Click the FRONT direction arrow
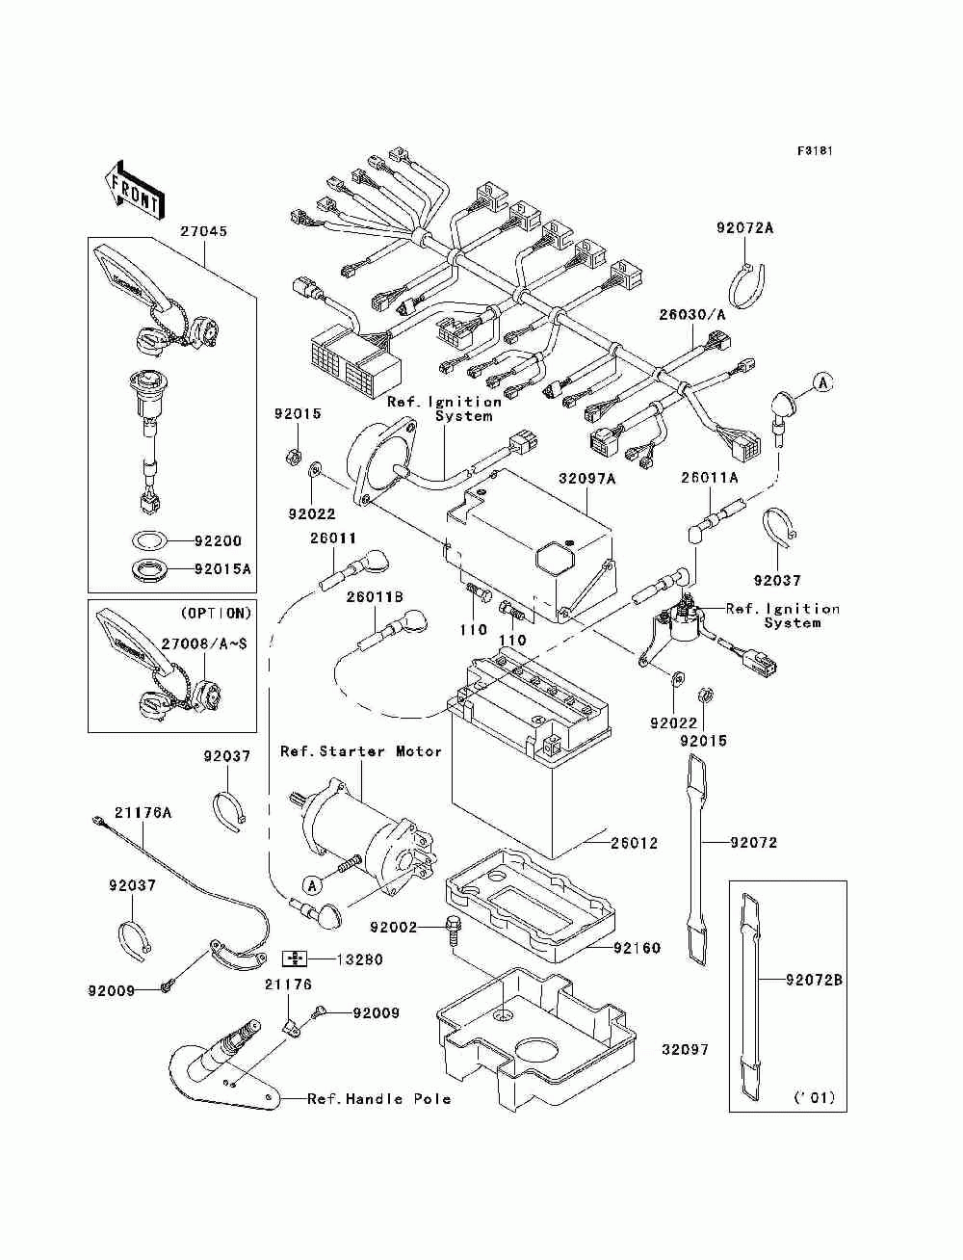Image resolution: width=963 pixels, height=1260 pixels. pyautogui.click(x=135, y=189)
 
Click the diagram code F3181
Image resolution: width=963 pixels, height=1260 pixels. pyautogui.click(x=815, y=151)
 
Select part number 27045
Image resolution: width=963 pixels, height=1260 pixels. pyautogui.click(x=204, y=231)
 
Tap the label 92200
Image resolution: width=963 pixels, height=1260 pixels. pyautogui.click(x=218, y=540)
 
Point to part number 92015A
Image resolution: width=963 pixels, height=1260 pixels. pyautogui.click(x=222, y=569)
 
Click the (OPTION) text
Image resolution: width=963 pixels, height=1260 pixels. pyautogui.click(x=217, y=613)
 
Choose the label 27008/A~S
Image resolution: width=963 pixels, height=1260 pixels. pyautogui.click(x=204, y=643)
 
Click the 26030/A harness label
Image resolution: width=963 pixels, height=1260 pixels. pyautogui.click(x=691, y=314)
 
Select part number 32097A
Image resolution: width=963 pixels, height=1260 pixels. pyautogui.click(x=587, y=478)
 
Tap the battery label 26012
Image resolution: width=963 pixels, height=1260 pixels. pyautogui.click(x=635, y=843)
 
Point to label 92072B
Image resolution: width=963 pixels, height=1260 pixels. pyautogui.click(x=814, y=981)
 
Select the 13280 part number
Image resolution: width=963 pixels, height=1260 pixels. pyautogui.click(x=360, y=959)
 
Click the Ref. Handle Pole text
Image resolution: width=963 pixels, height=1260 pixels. pyautogui.click(x=379, y=1099)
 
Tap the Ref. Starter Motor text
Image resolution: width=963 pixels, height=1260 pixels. pyautogui.click(x=361, y=750)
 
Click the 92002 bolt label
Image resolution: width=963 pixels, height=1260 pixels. pyautogui.click(x=393, y=927)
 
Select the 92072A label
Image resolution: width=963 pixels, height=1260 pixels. pyautogui.click(x=744, y=228)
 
